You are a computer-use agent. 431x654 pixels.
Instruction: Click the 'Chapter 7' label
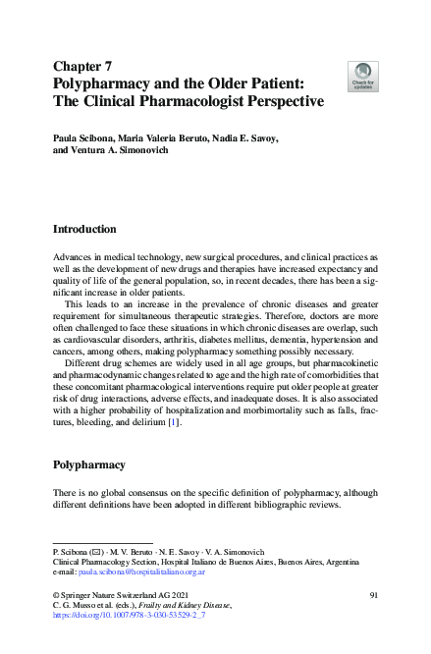click(84, 67)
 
